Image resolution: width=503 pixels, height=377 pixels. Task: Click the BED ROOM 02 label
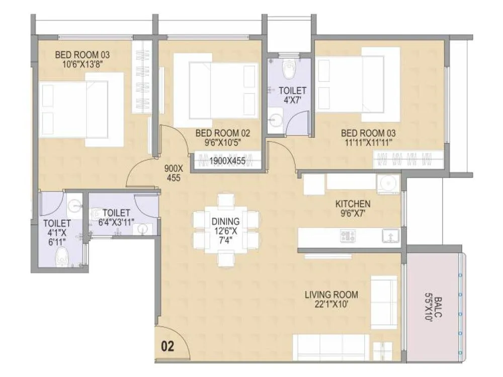tap(222, 133)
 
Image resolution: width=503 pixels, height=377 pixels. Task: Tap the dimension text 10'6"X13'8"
tap(82, 64)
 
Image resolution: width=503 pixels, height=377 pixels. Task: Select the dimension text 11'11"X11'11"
tap(368, 142)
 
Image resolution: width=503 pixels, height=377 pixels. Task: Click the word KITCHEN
tap(353, 204)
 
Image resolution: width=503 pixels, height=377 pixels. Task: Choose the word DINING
tap(226, 221)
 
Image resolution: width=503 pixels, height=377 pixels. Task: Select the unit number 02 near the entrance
tap(168, 347)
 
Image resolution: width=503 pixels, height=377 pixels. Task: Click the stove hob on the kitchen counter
tap(348, 235)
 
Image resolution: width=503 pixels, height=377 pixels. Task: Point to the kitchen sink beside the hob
tap(389, 235)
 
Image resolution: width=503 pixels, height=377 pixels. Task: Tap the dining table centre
tap(226, 230)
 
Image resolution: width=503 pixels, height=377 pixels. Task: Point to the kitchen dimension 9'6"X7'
tap(353, 213)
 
